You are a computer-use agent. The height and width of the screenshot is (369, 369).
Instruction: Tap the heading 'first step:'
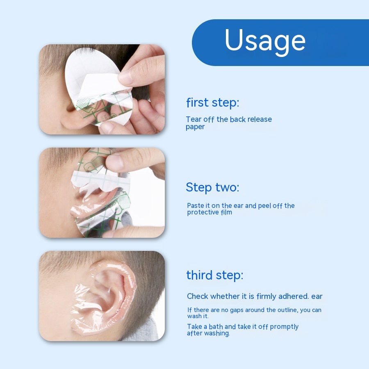[212, 102]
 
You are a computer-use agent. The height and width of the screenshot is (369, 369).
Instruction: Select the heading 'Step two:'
[212, 187]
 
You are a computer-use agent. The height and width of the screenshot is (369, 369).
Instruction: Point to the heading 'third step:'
[214, 275]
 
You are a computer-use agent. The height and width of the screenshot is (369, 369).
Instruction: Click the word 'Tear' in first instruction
[194, 119]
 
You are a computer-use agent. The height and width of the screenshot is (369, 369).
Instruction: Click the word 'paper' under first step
[195, 127]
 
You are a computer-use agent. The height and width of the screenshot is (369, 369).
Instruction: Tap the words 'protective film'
[210, 212]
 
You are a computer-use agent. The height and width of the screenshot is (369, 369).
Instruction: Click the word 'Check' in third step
[198, 296]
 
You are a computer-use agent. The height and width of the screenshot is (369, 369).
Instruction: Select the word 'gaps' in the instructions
[230, 310]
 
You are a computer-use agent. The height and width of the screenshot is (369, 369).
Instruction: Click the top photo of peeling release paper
[102, 89]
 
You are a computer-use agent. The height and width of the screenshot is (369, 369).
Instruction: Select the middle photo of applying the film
[102, 193]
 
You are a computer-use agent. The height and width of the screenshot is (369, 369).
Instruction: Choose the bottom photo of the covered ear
[102, 296]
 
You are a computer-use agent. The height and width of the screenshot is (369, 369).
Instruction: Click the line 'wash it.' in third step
[198, 317]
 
